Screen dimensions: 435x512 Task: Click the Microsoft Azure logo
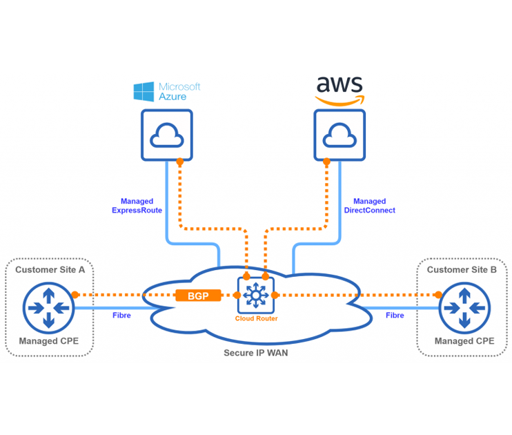point(166,91)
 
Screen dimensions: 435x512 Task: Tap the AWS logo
point(339,90)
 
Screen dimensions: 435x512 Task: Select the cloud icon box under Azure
point(167,135)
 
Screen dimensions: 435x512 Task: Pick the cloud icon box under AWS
point(339,135)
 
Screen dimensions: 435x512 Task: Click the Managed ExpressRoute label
point(137,206)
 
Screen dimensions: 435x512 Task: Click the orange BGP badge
point(198,296)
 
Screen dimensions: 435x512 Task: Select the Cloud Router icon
point(256,295)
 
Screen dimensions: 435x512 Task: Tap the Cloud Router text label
point(256,319)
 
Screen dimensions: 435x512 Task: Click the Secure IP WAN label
point(255,353)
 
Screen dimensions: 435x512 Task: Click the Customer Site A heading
point(50,270)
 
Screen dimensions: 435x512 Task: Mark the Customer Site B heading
point(462,270)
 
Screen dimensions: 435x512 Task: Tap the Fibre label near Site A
point(121,315)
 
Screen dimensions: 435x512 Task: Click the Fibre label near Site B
point(395,315)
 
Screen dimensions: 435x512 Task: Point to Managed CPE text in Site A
point(48,341)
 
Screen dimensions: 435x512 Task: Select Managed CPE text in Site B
point(464,341)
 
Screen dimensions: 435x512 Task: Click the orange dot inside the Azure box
point(179,162)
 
